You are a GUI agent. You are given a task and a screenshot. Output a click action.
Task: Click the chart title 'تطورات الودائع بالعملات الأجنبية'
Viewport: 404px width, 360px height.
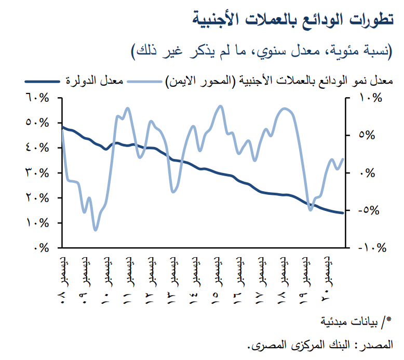[297, 19]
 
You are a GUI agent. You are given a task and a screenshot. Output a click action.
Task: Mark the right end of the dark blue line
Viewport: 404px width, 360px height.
[343, 213]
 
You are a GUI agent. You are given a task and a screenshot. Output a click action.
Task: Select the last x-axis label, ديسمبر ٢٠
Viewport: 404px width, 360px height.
[326, 278]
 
